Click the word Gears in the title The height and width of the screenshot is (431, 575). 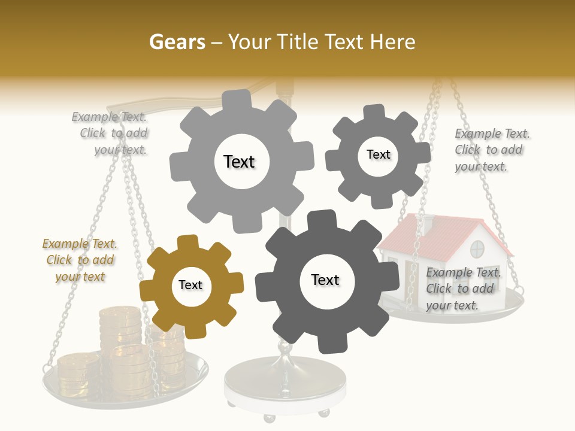coord(177,42)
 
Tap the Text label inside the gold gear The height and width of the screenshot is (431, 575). coord(190,286)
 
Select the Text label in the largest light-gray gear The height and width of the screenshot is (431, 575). coord(239,162)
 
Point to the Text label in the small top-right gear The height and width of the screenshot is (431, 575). coord(378,154)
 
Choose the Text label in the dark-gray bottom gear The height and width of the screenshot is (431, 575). coord(325,280)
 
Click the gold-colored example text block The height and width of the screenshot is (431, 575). coord(80,260)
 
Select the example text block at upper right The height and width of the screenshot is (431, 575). coord(491,150)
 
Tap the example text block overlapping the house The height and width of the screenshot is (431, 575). coord(463,289)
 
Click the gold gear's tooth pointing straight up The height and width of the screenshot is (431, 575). coord(188,243)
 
